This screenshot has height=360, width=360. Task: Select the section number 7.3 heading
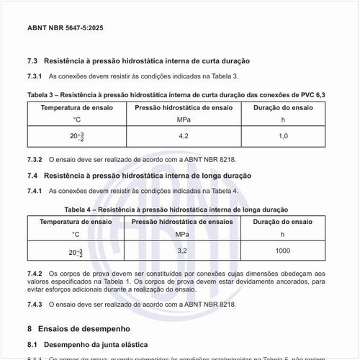click(x=33, y=60)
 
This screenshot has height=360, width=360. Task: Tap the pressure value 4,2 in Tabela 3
click(x=183, y=135)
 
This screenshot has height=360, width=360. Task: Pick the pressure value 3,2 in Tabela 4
click(x=183, y=250)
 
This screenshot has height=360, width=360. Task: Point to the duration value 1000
click(x=283, y=250)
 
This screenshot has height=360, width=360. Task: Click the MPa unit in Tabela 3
click(x=183, y=119)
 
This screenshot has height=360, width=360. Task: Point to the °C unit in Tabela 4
click(x=76, y=234)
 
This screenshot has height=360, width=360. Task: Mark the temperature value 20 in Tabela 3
click(x=73, y=136)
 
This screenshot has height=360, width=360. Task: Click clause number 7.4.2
click(x=35, y=274)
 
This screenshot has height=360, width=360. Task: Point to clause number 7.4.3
click(x=35, y=305)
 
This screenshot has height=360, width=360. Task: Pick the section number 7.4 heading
click(x=33, y=175)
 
